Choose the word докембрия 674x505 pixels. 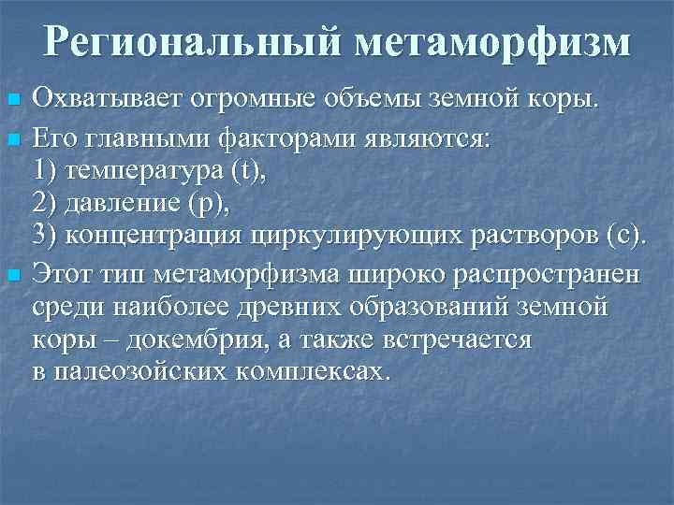click(189, 339)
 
